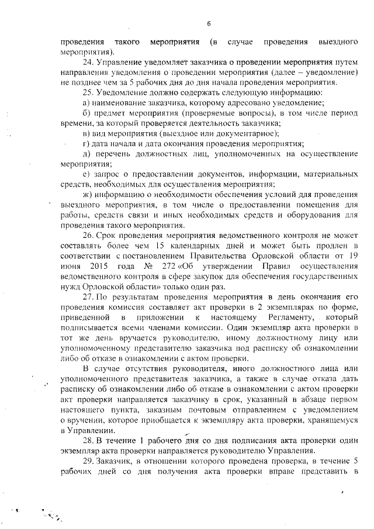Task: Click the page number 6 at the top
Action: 208,23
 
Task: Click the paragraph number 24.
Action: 89,61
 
